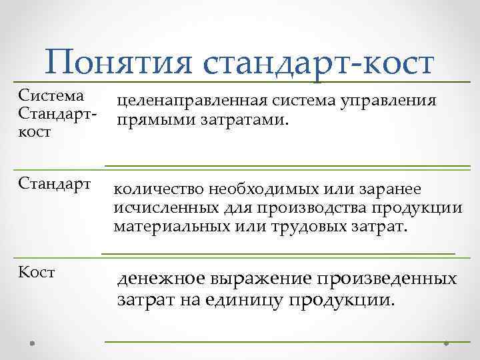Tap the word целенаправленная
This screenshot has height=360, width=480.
point(191,101)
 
